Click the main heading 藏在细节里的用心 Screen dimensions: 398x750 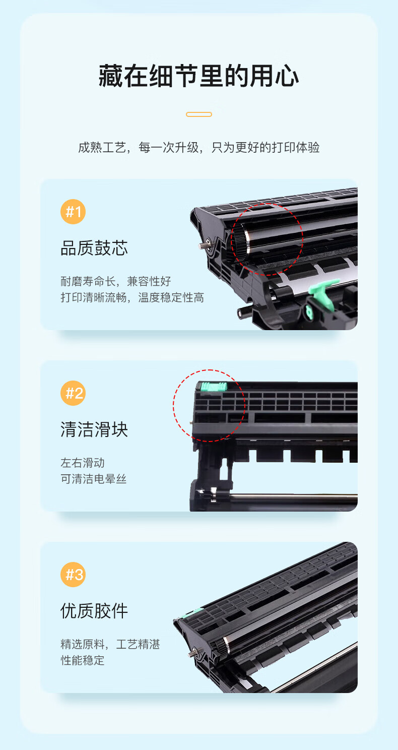[x=199, y=76]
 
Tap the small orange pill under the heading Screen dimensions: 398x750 [x=199, y=114]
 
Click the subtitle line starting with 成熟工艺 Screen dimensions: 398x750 [x=199, y=147]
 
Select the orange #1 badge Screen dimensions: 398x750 [x=73, y=212]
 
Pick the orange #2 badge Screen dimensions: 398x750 [x=73, y=393]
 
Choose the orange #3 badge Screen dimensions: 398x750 [x=73, y=575]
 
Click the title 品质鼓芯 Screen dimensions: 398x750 [x=94, y=248]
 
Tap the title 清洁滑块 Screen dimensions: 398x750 [x=94, y=429]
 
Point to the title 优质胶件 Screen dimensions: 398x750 [x=94, y=611]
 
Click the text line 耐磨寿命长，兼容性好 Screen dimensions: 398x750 [x=116, y=281]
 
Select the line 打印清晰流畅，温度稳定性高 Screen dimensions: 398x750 [x=132, y=297]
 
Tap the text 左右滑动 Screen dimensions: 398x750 [x=82, y=463]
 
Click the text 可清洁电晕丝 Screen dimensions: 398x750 [x=93, y=479]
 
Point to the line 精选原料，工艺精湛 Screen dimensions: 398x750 [x=110, y=644]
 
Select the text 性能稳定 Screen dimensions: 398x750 [x=82, y=660]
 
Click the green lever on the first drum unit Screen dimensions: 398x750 [x=322, y=291]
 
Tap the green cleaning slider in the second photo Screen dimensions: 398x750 [x=214, y=387]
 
